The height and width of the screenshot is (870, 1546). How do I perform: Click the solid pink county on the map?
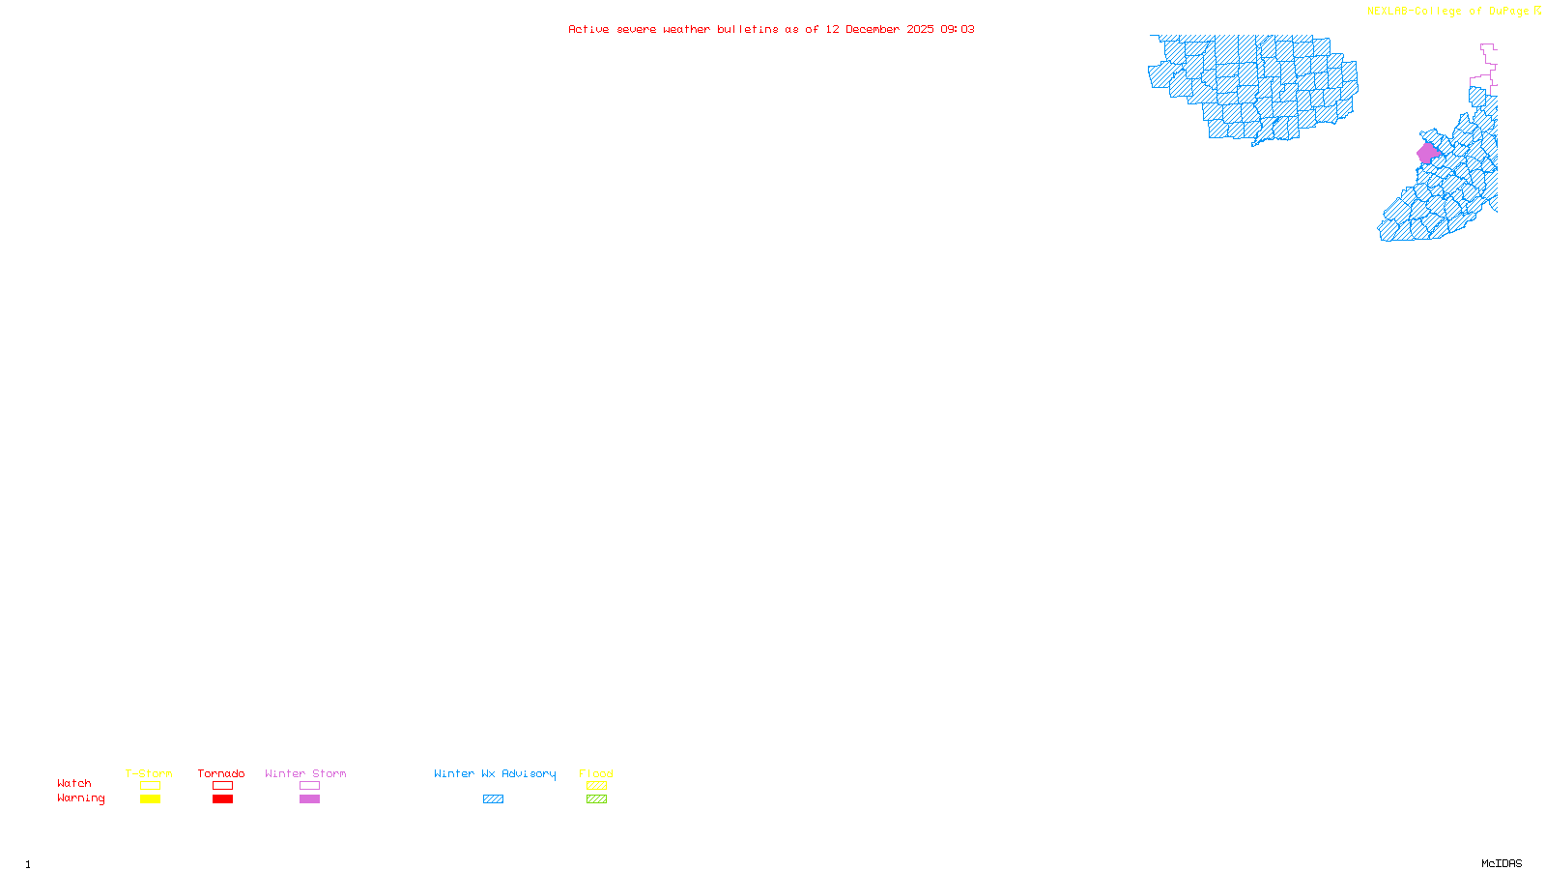[1428, 153]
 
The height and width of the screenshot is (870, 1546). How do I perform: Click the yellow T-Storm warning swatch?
[150, 799]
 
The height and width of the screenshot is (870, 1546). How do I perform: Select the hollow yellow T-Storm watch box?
[150, 786]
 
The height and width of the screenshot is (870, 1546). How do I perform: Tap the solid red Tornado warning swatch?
[222, 799]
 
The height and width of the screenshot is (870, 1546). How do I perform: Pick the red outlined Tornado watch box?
[222, 786]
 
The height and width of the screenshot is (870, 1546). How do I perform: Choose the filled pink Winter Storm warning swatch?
[309, 799]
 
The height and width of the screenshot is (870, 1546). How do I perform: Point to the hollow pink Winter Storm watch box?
[309, 786]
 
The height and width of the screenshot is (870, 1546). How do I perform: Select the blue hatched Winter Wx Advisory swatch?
[493, 799]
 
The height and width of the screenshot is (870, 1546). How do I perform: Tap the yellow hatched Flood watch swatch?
[596, 786]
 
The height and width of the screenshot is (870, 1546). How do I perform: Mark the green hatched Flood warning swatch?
[596, 799]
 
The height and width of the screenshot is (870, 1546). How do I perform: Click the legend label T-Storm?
[149, 773]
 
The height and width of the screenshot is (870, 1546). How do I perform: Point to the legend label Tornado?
[221, 773]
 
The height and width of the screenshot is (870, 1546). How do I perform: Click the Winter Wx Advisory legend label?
[495, 773]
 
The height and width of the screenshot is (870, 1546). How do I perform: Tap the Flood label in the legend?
[596, 773]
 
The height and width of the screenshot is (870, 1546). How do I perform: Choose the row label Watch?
[74, 784]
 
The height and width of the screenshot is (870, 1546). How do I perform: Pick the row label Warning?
[81, 798]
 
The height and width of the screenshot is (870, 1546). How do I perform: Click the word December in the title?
[873, 29]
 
